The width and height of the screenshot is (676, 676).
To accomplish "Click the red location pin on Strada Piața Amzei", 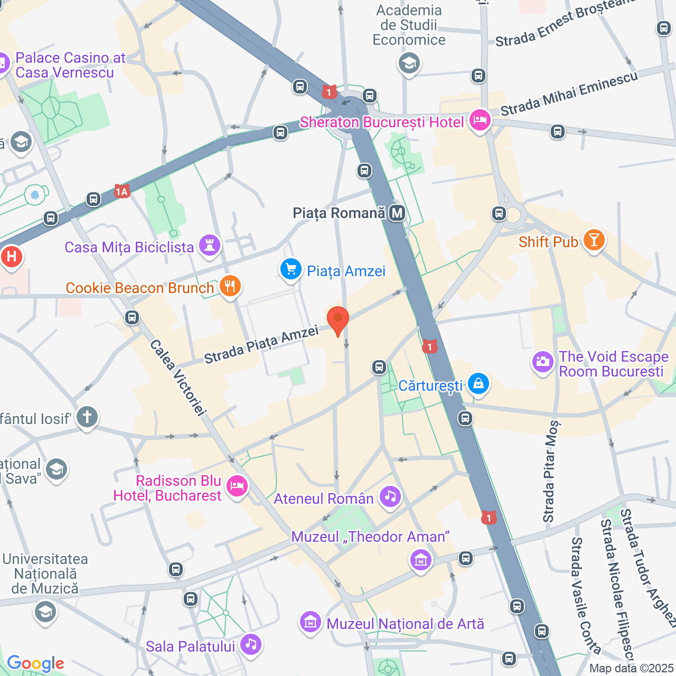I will pos(338,320).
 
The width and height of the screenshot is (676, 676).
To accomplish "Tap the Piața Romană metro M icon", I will pos(397,213).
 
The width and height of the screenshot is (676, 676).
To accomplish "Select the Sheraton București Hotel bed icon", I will pos(480,120).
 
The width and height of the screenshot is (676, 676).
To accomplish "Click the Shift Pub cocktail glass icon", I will pos(594,240).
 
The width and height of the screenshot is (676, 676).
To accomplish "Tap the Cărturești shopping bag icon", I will pos(478,384).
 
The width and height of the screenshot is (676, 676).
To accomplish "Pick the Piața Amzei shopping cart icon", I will pos(290,269).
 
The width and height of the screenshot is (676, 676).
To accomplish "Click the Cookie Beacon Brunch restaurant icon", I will pos(230,286).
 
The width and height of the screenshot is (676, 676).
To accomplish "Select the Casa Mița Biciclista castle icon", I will pos(210,246).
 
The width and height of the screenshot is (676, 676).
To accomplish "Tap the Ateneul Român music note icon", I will pos(390,496).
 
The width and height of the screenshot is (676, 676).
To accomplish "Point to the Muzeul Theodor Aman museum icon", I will pos(421,560).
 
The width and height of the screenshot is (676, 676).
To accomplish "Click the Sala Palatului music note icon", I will pos(251,644).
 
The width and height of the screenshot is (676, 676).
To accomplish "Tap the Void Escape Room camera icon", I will pos(542,362).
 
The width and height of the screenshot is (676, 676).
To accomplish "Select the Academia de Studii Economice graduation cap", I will pos(409,63).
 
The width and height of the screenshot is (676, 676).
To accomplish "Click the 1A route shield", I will pos(122,191).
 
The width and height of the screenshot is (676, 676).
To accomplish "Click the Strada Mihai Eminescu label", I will pos(569,93).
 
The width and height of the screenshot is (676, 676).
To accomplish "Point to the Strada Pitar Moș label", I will pos(550,471).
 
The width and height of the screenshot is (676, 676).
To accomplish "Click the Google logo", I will pos(35,663).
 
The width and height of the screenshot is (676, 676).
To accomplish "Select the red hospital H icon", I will pos(11,257).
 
